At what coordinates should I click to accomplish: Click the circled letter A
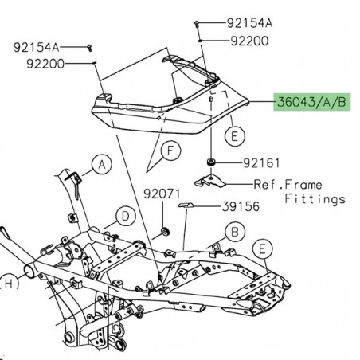coord(102,165)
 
